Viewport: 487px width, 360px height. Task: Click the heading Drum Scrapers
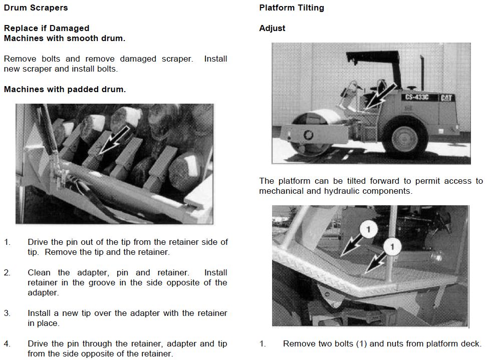pos(36,8)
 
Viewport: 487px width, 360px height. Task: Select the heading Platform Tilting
pos(292,8)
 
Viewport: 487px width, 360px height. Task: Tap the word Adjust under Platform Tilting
pos(272,29)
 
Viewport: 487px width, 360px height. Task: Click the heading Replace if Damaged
pos(47,29)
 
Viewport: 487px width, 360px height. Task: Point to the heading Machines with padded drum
pos(65,90)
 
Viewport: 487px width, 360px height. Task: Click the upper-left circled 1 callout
pos(368,230)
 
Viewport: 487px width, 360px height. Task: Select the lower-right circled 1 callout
pos(392,247)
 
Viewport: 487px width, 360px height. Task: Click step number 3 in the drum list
pos(7,313)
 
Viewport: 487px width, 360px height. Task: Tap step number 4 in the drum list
pos(7,344)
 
